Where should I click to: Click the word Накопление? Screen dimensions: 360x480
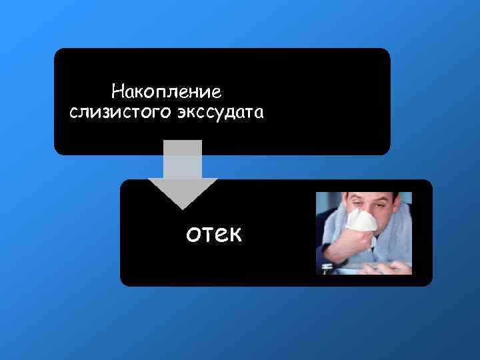pos(166,89)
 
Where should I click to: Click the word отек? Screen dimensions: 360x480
pos(215,234)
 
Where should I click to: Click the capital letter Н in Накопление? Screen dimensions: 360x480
pos(118,89)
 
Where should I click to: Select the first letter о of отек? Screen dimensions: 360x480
pos(194,235)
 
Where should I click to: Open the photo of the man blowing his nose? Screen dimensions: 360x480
pos(364,233)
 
